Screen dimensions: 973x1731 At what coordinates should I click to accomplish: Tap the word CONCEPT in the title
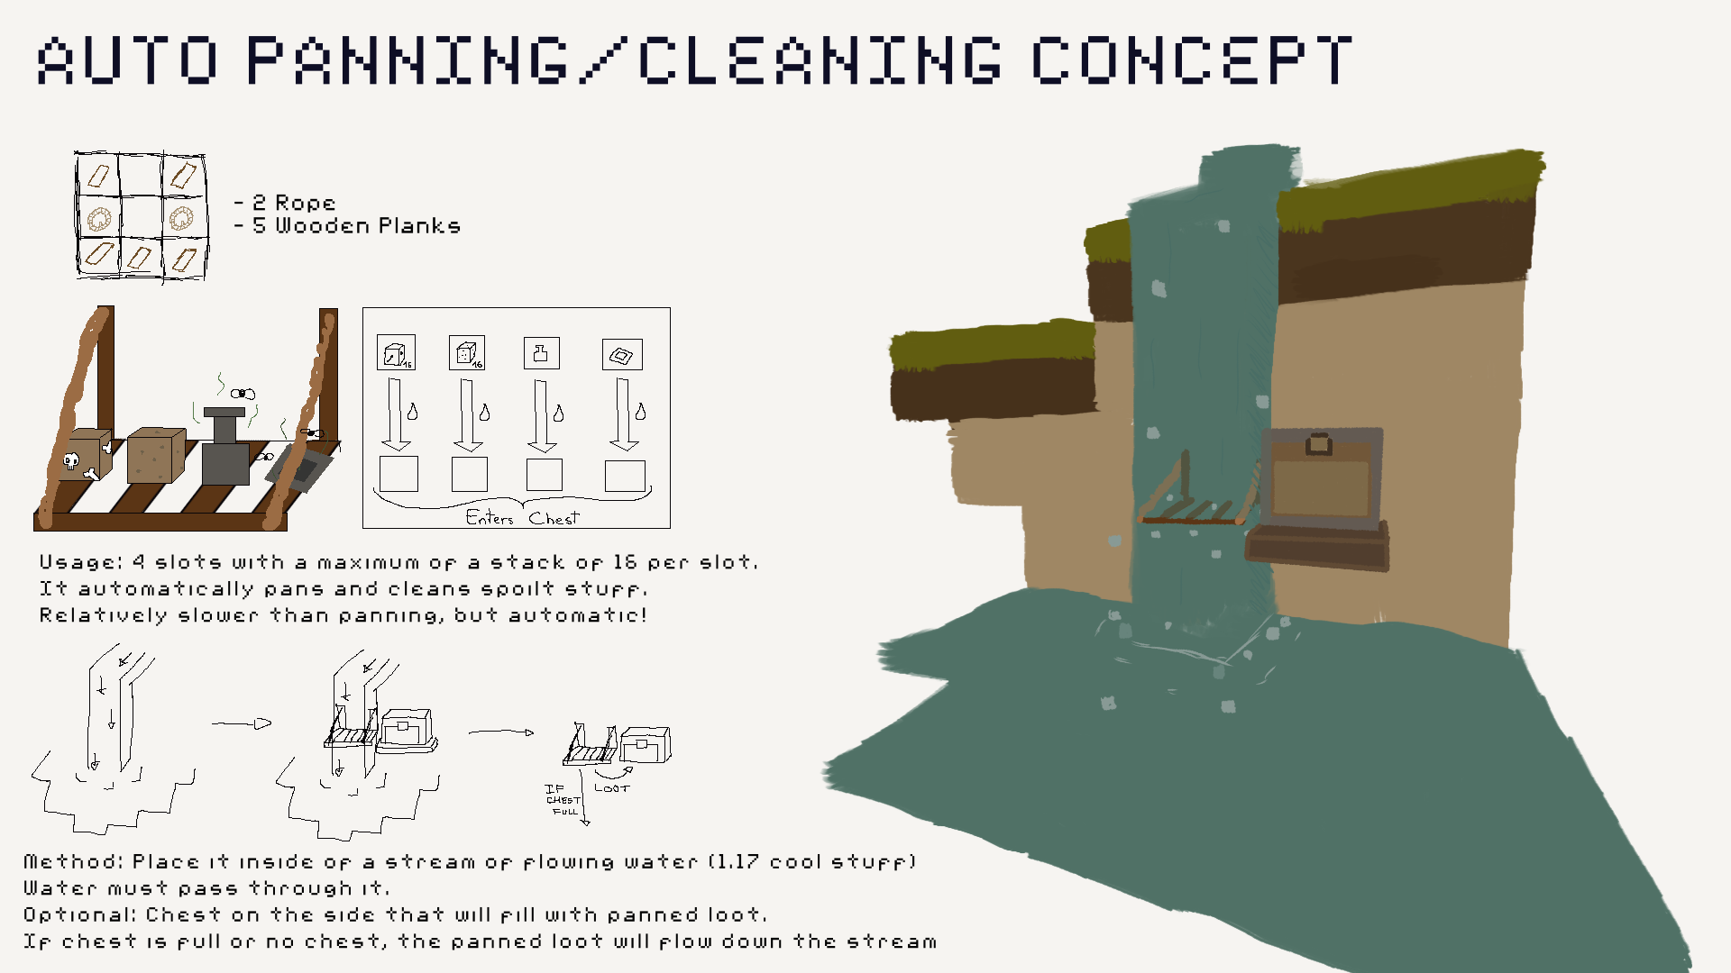(x=1191, y=60)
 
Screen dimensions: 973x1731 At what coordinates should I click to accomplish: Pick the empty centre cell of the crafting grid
(x=142, y=217)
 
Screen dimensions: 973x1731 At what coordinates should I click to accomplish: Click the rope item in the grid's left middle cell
(x=99, y=217)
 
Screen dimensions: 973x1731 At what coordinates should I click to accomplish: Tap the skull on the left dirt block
(x=71, y=461)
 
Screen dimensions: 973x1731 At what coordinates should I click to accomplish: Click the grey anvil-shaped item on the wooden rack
(x=224, y=448)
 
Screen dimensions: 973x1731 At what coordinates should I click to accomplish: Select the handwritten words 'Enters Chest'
(x=522, y=518)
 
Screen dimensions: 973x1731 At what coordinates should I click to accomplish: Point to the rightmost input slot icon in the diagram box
(x=622, y=355)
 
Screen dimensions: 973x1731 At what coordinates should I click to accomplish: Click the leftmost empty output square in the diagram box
(x=398, y=474)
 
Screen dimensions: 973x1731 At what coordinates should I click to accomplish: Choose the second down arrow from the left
(x=468, y=415)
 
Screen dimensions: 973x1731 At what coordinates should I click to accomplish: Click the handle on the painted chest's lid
(x=1318, y=443)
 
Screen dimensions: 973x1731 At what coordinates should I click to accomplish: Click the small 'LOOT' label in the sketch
(x=612, y=788)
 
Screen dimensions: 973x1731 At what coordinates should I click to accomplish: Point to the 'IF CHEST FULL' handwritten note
(x=563, y=800)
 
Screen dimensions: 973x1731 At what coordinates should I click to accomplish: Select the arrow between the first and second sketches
(x=242, y=723)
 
